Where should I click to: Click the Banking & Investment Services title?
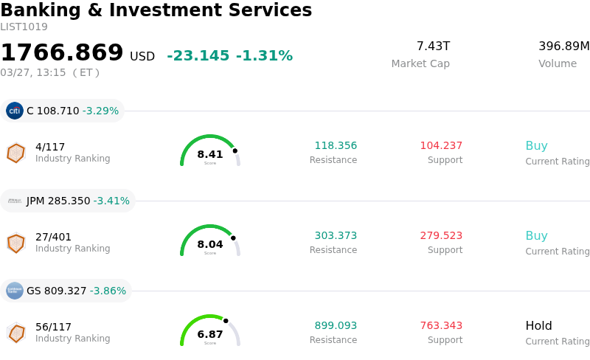tap(156, 11)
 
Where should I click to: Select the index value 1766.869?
tap(62, 53)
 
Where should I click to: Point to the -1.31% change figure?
tap(264, 56)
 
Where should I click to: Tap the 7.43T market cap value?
tap(433, 46)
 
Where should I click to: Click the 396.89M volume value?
tap(563, 46)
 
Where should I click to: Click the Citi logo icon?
tap(15, 111)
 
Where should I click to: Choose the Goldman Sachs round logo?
tap(15, 291)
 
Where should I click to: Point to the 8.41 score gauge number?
tap(210, 154)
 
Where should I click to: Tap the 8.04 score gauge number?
tap(210, 244)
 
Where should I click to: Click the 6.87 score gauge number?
tap(210, 334)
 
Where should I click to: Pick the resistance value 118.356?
tap(336, 146)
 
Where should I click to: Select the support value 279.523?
tap(441, 236)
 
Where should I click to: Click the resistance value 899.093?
tap(336, 326)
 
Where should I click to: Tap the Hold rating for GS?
tap(538, 326)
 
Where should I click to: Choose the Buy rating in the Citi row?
tap(536, 146)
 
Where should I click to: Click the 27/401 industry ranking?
tap(53, 237)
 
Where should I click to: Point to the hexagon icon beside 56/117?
tap(15, 333)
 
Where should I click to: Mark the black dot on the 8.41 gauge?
tap(235, 150)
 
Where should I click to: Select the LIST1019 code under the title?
tap(24, 27)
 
